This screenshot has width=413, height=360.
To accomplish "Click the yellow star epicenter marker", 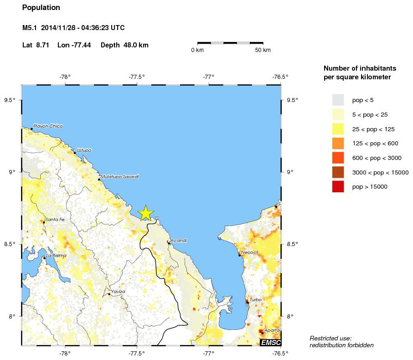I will coord(145,213).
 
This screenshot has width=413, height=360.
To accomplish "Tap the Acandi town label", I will coord(178,240).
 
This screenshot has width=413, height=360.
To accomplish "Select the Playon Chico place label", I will coord(48,126).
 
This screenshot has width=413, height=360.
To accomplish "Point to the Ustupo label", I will coord(84,150).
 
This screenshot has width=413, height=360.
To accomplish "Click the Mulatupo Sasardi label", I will coord(119,176).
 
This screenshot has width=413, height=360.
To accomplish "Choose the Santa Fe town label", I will coord(55,220).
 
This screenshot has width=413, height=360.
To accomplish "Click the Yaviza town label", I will coord(118,291).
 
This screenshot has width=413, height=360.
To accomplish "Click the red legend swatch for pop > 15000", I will coord(338,187).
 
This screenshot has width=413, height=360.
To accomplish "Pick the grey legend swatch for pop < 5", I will coord(338,99).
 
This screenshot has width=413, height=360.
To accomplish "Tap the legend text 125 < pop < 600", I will coord(375,144).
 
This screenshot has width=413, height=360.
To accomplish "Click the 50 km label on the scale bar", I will coord(263,50).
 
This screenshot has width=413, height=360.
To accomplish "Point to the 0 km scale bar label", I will coord(197,50).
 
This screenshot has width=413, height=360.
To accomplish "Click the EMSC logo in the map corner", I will coord(270,342).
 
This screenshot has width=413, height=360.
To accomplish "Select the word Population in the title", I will coord(41,8).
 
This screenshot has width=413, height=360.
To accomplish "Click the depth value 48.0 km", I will coord(136,45).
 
